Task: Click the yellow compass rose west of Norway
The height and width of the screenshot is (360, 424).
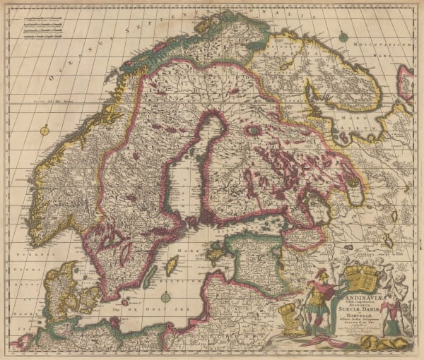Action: pyautogui.click(x=45, y=130)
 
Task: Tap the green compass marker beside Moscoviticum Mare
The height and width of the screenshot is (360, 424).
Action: pyautogui.click(x=342, y=35)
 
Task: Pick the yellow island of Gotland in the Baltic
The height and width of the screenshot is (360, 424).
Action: pyautogui.click(x=170, y=267)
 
